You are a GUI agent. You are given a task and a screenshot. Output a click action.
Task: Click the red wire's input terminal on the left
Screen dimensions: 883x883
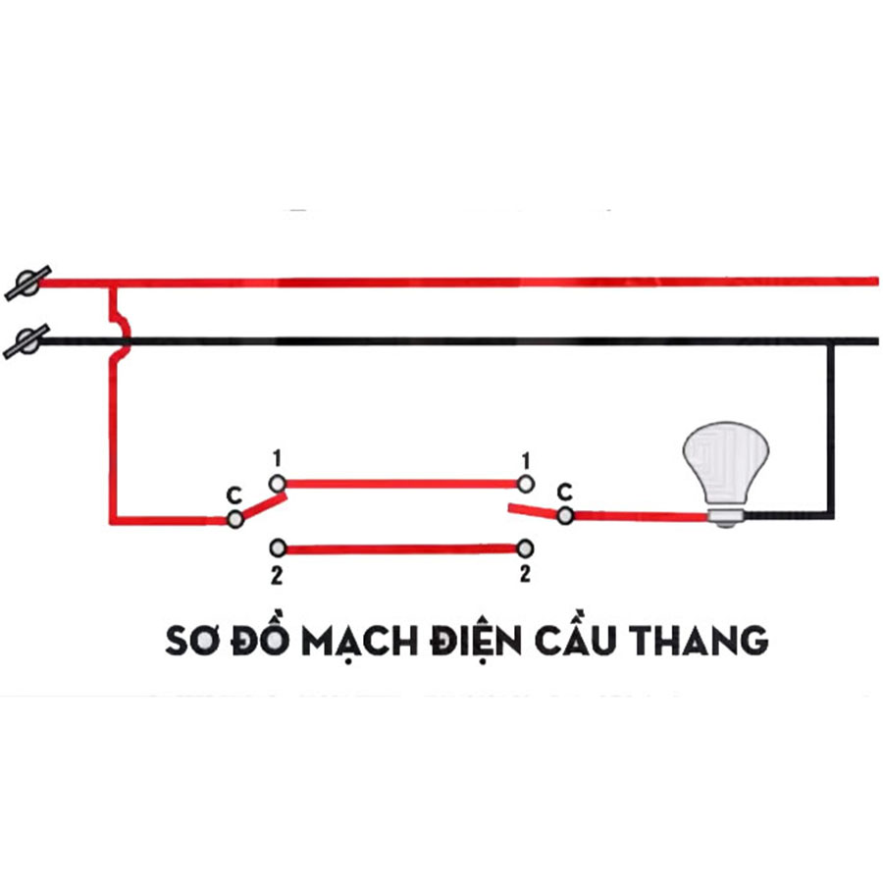[x=24, y=283]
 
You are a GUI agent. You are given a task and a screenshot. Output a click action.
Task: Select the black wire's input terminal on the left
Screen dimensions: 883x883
[x=24, y=341]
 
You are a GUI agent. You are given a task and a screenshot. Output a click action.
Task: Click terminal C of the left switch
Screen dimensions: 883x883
[x=234, y=519]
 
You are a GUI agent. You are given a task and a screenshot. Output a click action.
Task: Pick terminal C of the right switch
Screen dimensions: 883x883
[x=564, y=515]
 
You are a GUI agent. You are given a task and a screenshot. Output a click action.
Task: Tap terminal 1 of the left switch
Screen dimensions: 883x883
[x=278, y=483]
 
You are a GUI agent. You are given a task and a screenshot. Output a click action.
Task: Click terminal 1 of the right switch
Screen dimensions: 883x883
[x=526, y=483]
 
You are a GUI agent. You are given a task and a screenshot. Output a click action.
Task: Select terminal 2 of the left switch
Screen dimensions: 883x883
[x=278, y=546]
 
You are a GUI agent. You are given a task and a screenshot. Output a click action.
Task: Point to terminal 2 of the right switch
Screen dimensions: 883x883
[x=526, y=547]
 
